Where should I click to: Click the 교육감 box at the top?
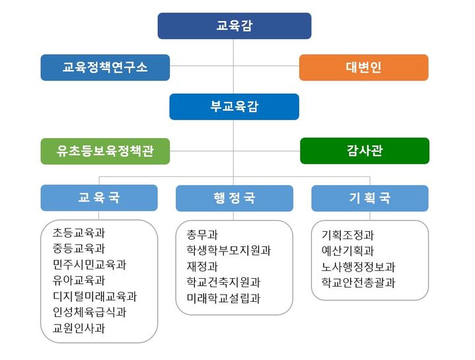[234, 26]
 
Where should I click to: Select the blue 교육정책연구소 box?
[105, 67]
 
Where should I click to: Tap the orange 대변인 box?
[363, 67]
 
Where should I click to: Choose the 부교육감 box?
[234, 106]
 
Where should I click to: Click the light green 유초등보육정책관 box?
[105, 151]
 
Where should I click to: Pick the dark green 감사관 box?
[364, 151]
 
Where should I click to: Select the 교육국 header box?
[99, 198]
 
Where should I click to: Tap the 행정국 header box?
[234, 198]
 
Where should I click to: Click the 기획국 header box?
[369, 198]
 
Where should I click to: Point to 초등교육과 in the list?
[79, 233]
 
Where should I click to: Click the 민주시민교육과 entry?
[89, 264]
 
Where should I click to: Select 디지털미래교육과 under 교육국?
[94, 296]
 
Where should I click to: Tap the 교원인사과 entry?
[79, 328]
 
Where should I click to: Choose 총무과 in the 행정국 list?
[202, 234]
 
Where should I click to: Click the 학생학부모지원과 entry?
[229, 250]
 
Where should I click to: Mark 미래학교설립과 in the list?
[223, 298]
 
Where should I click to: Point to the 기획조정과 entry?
[347, 234]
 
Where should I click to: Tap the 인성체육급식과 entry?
[89, 312]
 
